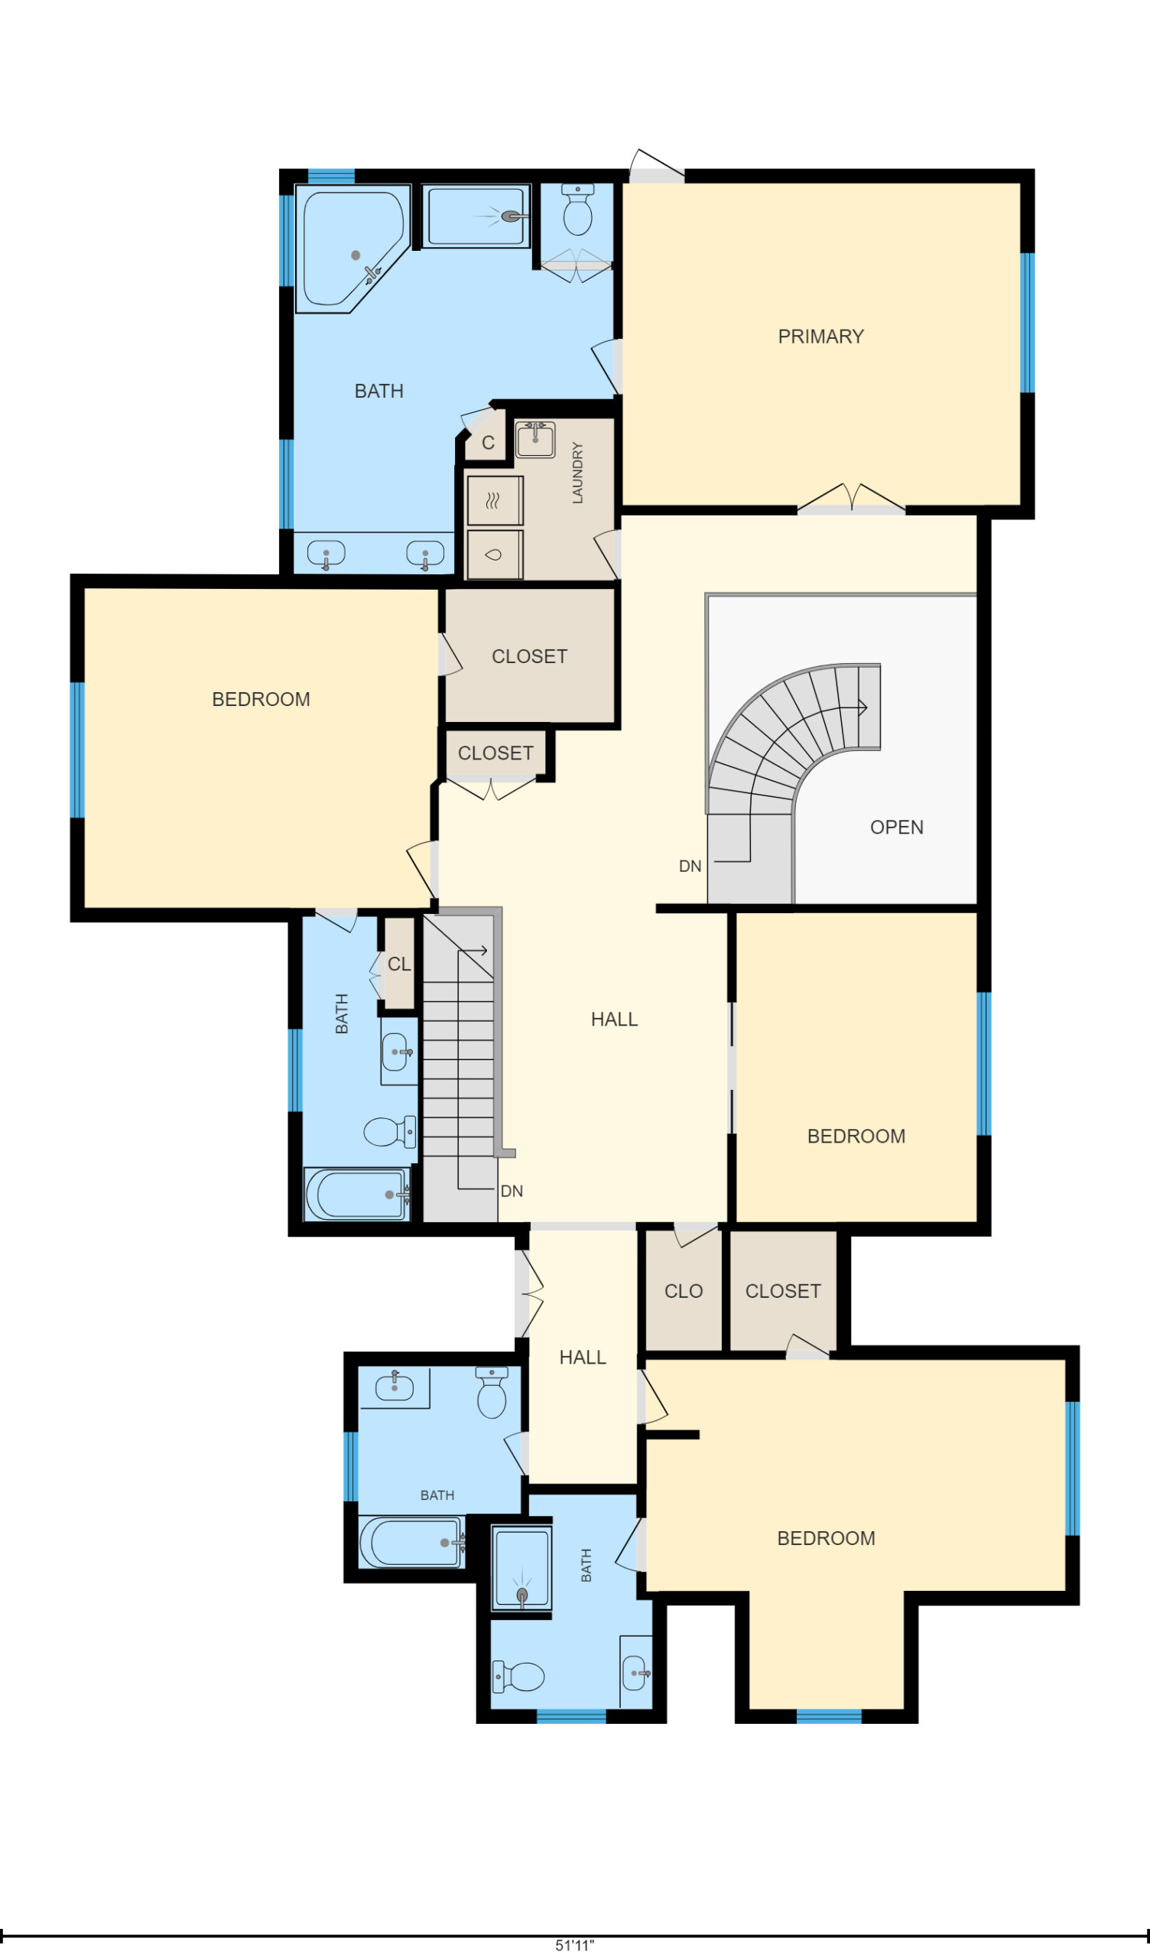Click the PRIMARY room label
pos(820,337)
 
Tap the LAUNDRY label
pos(577,473)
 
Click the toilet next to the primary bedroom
pos(577,209)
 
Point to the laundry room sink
pos(534,440)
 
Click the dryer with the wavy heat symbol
pos(494,501)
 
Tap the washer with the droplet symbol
pos(494,554)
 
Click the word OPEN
pos(897,827)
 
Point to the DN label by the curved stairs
pos(690,867)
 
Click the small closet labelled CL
pos(399,964)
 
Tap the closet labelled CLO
pos(683,1290)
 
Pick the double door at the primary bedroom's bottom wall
pos(852,499)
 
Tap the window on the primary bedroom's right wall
pos(1027,323)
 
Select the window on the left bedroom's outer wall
pos(77,750)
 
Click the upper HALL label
pos(614,1020)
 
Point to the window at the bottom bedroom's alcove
pos(829,1716)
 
